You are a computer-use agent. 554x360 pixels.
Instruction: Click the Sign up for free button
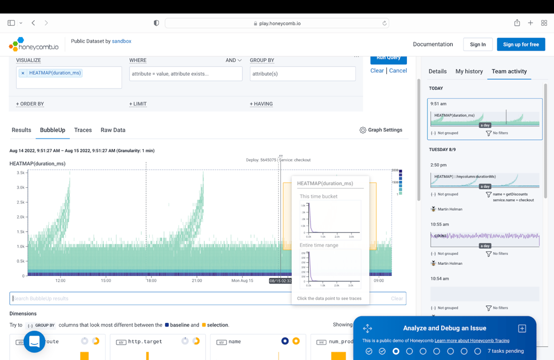click(521, 45)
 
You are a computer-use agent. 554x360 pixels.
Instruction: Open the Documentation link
click(433, 45)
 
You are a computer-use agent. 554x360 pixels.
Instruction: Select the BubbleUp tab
click(52, 130)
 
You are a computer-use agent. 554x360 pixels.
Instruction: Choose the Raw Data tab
click(113, 130)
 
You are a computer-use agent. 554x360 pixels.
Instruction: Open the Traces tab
click(83, 130)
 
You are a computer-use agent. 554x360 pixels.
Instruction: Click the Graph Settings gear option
click(381, 130)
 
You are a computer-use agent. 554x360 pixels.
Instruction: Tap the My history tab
click(469, 71)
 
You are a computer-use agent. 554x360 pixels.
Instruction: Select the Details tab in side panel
click(437, 71)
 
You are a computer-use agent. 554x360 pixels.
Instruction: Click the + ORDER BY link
click(30, 104)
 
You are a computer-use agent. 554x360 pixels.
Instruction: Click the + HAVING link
click(261, 104)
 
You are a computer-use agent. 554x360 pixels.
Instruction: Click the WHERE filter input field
click(186, 74)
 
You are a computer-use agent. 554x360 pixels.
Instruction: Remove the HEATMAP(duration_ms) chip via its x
click(22, 73)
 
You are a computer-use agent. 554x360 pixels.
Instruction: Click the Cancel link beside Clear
click(398, 71)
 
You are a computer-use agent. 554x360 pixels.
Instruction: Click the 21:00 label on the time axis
click(197, 281)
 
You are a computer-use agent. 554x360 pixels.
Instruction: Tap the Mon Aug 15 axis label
click(242, 281)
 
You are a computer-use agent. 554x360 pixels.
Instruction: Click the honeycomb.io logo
click(34, 45)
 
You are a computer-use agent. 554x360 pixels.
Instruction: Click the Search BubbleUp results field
click(150, 299)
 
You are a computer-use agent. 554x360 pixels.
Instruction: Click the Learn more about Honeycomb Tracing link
click(472, 340)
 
